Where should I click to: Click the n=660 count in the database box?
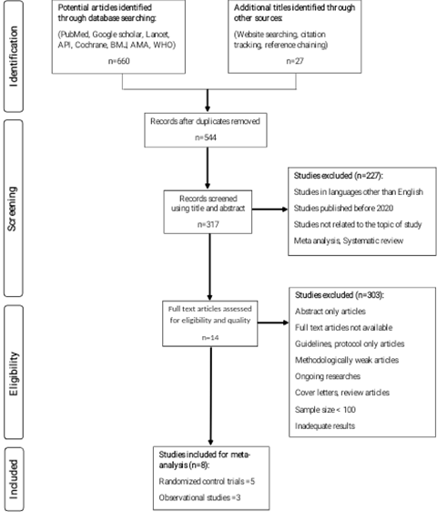pyautogui.click(x=118, y=61)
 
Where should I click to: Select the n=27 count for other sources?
pyautogui.click(x=295, y=61)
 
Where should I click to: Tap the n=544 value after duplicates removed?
pyautogui.click(x=206, y=138)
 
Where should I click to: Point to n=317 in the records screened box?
pyautogui.click(x=208, y=224)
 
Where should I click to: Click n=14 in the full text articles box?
pyautogui.click(x=210, y=337)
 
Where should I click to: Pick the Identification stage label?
pyautogui.click(x=14, y=56)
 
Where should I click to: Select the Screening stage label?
pyautogui.click(x=12, y=209)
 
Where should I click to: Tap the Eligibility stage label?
pyautogui.click(x=14, y=374)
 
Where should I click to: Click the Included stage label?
pyautogui.click(x=14, y=479)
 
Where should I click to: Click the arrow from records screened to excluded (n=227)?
pyautogui.click(x=269, y=209)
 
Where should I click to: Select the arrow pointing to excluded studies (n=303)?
pyautogui.click(x=273, y=323)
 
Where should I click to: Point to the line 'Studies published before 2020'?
pyautogui.click(x=343, y=208)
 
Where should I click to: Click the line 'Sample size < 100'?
pyautogui.click(x=325, y=409)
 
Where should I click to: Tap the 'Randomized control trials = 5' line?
pyautogui.click(x=207, y=481)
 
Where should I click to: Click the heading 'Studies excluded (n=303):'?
pyautogui.click(x=340, y=295)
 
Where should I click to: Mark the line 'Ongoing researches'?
pyautogui.click(x=328, y=376)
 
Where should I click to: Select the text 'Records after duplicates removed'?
pyautogui.click(x=205, y=121)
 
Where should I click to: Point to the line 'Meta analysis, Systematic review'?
pyautogui.click(x=349, y=241)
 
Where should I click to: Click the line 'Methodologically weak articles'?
pyautogui.click(x=347, y=360)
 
